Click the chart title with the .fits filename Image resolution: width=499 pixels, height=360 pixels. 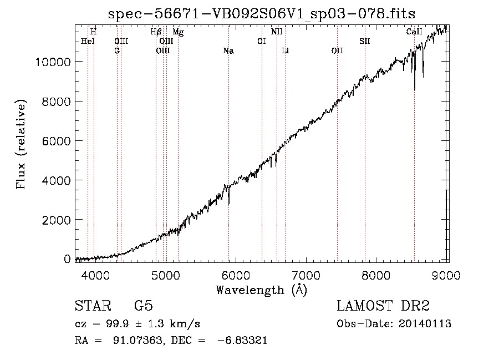(x=262, y=14)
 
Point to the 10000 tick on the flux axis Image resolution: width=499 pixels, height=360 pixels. (x=53, y=62)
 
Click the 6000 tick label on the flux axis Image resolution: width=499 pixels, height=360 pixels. (x=57, y=141)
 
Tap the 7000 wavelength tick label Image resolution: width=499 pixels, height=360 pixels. (x=306, y=275)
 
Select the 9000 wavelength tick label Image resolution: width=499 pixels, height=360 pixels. (x=446, y=275)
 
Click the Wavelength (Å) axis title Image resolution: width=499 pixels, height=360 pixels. (x=262, y=290)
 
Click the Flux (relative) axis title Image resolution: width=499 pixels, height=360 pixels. (x=21, y=144)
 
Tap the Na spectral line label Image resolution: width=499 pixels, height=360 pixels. (x=228, y=51)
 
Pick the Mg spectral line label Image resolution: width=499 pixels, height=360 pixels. (x=178, y=32)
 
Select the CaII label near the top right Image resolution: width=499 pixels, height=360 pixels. (x=414, y=32)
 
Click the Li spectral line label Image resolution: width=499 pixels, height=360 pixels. (x=286, y=51)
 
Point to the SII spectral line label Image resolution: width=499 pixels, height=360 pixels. (x=365, y=42)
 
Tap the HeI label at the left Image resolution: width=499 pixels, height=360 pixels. (x=88, y=42)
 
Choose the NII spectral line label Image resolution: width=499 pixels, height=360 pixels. (x=277, y=32)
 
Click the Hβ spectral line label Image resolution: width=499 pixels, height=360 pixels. (x=156, y=32)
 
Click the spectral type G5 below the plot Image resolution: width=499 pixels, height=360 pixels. (x=144, y=306)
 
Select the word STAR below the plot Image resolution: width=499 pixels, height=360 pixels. (x=93, y=306)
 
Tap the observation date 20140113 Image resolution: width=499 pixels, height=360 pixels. (x=425, y=324)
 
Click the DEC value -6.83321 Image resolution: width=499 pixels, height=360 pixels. (x=242, y=340)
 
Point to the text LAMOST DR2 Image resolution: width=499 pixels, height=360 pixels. (x=383, y=306)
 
